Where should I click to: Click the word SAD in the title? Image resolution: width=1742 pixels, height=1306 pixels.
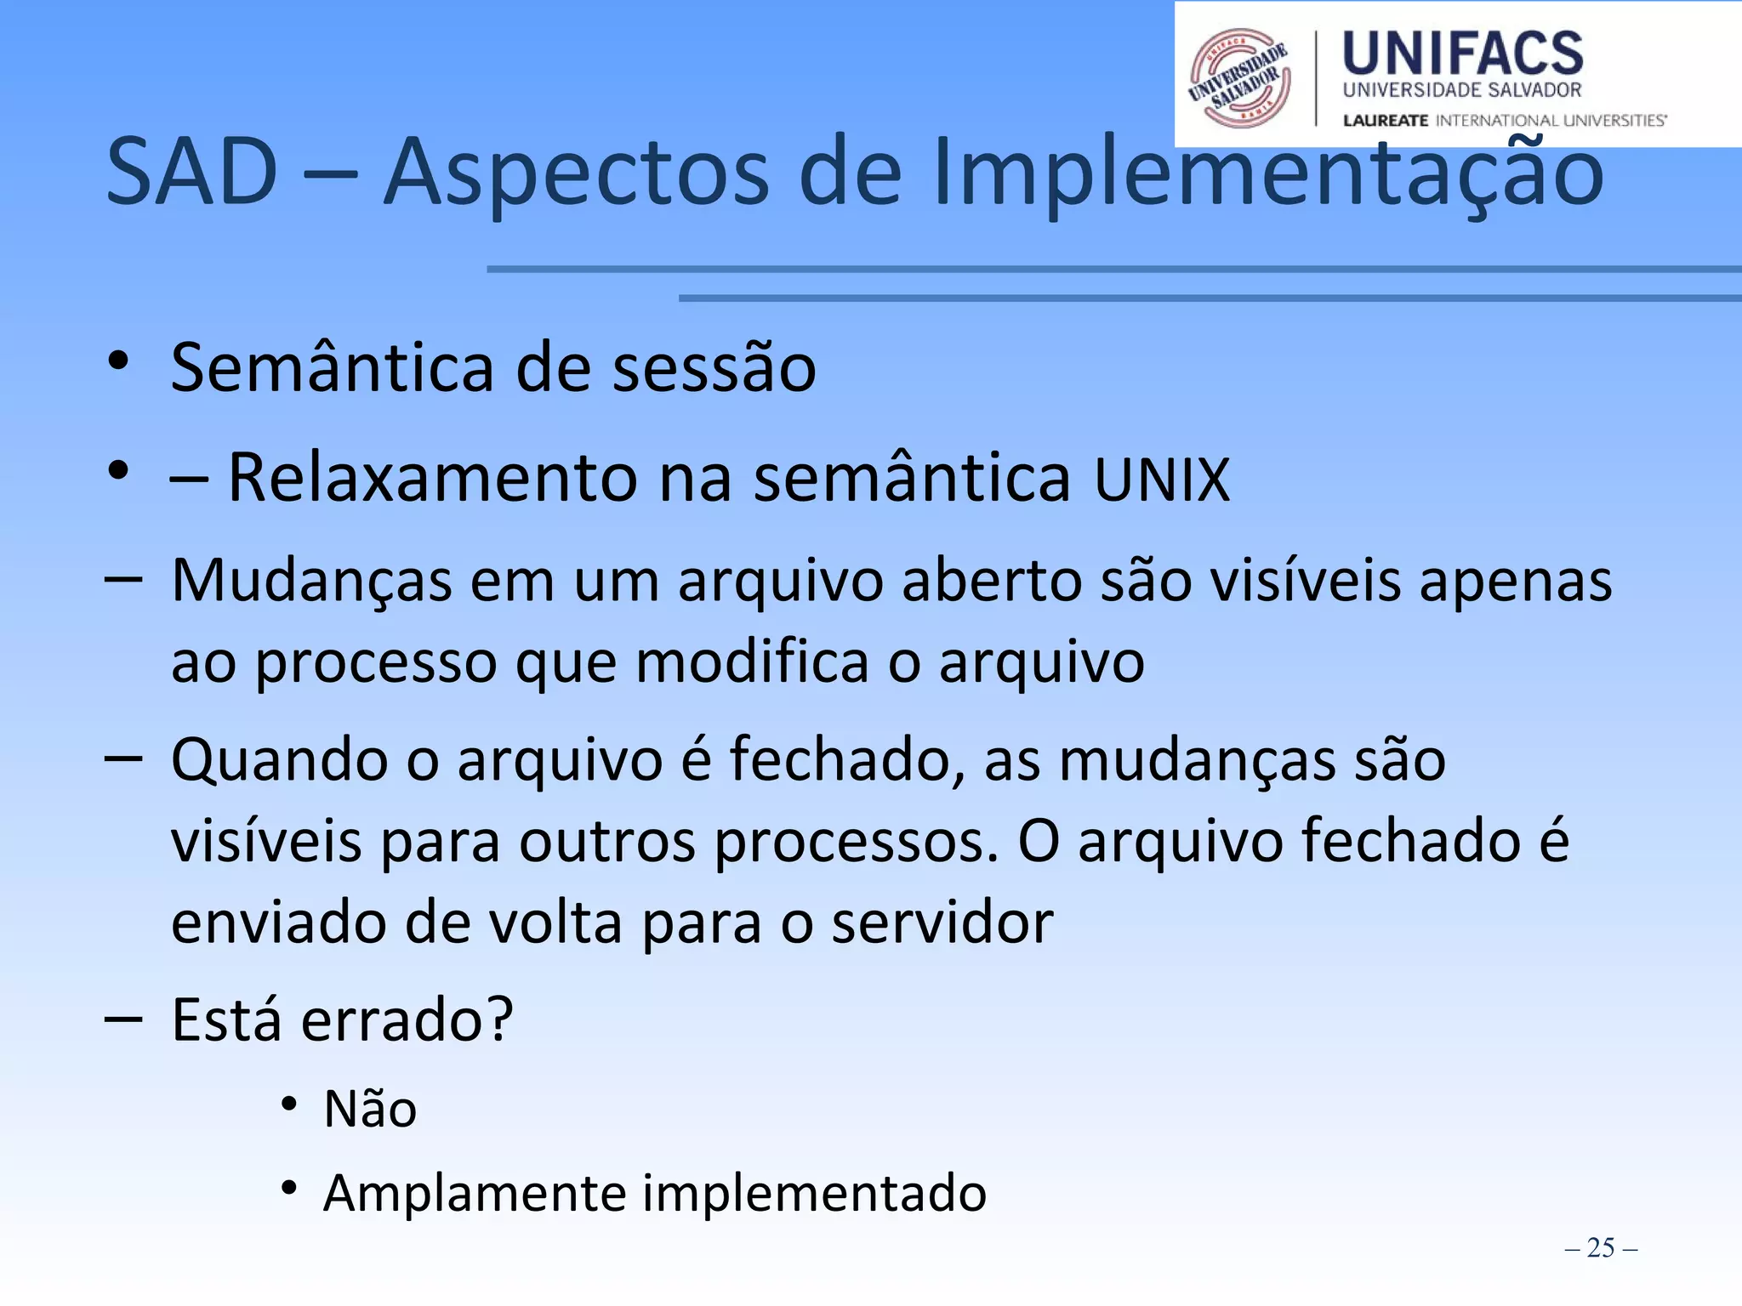click(x=192, y=172)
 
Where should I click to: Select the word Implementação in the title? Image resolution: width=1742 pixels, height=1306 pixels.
click(x=1267, y=172)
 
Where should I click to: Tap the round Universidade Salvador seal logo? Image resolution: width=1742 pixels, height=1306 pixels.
click(x=1239, y=78)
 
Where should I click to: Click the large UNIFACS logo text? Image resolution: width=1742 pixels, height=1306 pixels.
click(x=1462, y=54)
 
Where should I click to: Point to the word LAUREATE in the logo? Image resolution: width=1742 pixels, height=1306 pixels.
click(x=1385, y=121)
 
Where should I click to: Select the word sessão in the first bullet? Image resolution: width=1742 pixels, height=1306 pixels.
click(x=714, y=367)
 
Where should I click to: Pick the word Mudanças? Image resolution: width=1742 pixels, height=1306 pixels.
click(x=311, y=582)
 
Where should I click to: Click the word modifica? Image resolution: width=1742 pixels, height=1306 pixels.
click(x=752, y=662)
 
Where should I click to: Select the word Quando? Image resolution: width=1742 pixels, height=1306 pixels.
click(x=279, y=759)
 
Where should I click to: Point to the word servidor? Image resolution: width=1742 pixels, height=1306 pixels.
click(x=942, y=923)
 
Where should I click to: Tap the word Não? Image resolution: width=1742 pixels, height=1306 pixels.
click(x=370, y=1110)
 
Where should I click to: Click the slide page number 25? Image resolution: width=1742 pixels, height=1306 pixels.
click(x=1600, y=1247)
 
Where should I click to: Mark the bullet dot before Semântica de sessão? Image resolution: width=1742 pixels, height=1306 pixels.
click(x=118, y=361)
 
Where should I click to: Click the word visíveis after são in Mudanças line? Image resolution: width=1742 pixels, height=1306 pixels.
click(x=1305, y=582)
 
